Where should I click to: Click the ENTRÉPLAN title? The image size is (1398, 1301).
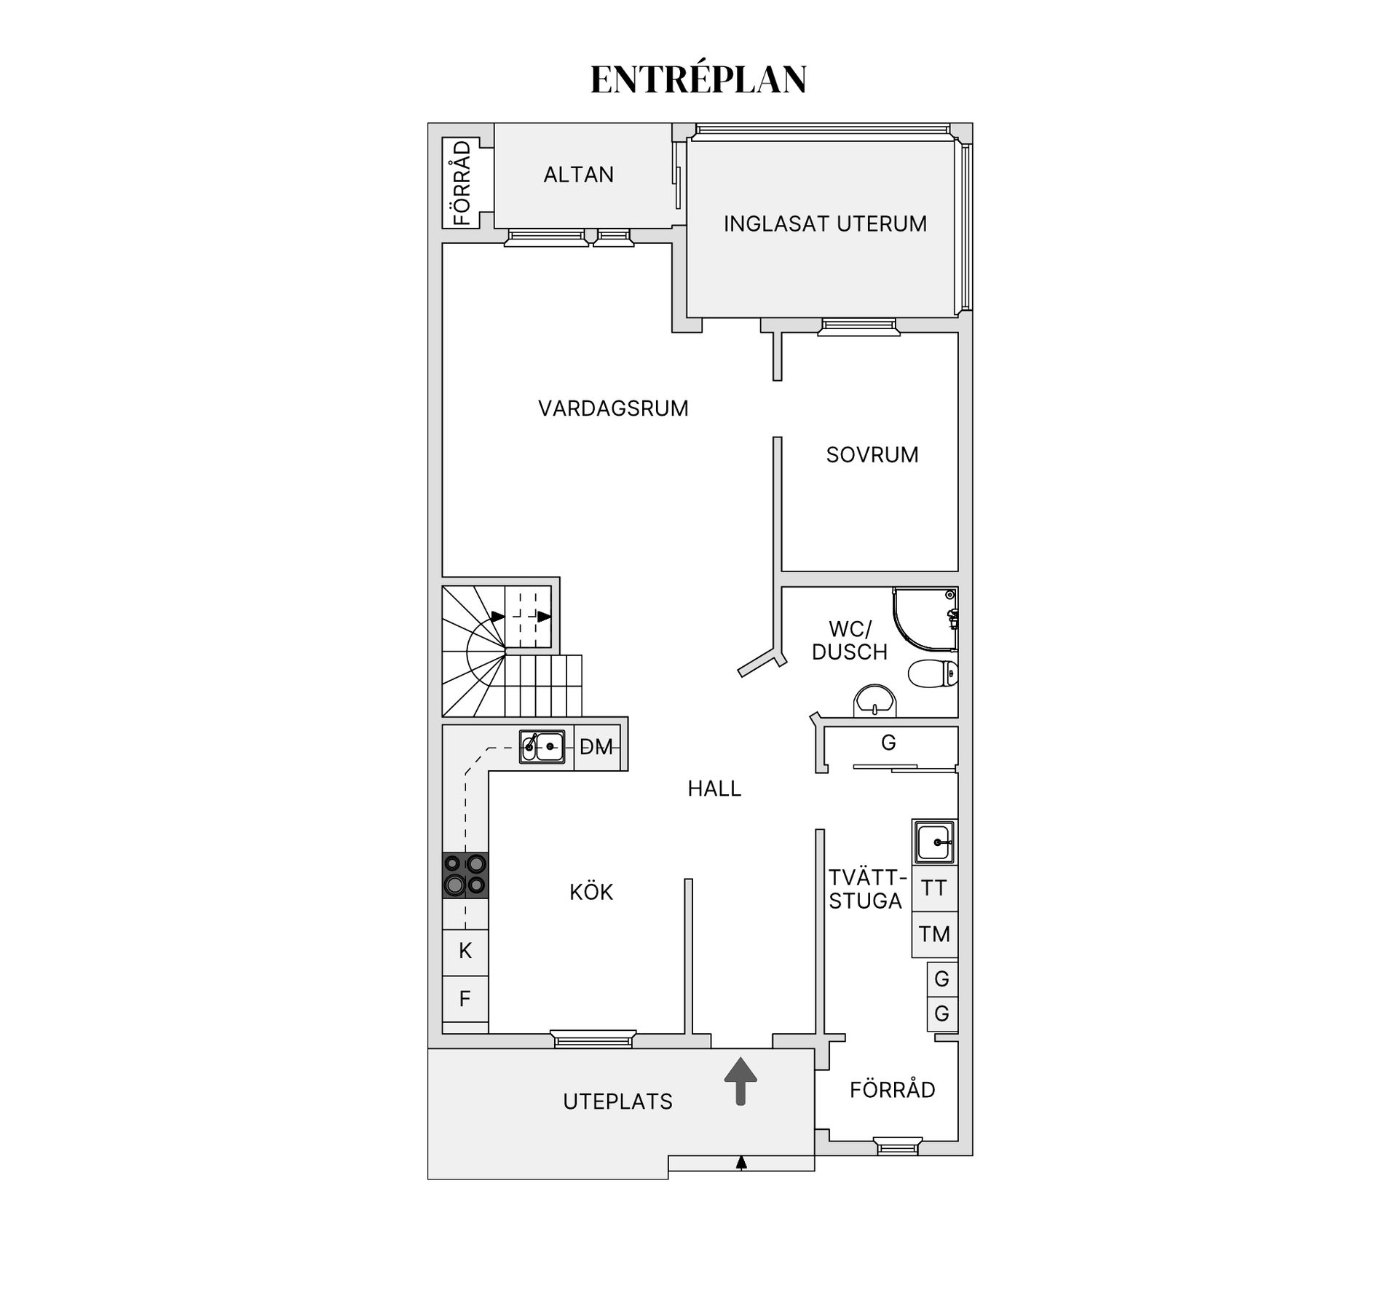click(698, 79)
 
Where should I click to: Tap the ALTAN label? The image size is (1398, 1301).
click(579, 175)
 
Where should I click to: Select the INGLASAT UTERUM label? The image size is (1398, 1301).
click(825, 224)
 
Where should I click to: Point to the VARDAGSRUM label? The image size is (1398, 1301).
click(613, 408)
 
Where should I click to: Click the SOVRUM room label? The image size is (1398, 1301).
click(872, 455)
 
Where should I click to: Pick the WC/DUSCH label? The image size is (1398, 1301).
click(850, 640)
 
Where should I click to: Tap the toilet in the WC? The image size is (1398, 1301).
click(933, 673)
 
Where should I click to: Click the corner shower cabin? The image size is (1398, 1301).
click(925, 620)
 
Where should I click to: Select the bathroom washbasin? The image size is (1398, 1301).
click(874, 701)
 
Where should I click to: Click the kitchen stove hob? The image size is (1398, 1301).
click(465, 874)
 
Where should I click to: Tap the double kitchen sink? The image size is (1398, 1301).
click(542, 746)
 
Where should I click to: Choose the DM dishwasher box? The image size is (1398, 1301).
click(597, 747)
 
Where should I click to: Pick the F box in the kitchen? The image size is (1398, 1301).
click(465, 999)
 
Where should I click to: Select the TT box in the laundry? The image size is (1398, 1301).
click(934, 888)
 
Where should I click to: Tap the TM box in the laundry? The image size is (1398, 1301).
click(934, 934)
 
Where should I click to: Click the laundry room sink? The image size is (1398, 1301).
click(934, 842)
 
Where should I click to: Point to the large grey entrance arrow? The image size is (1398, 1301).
click(741, 1081)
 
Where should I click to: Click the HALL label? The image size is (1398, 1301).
click(714, 788)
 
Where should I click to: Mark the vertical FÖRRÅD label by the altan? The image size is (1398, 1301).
click(462, 183)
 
